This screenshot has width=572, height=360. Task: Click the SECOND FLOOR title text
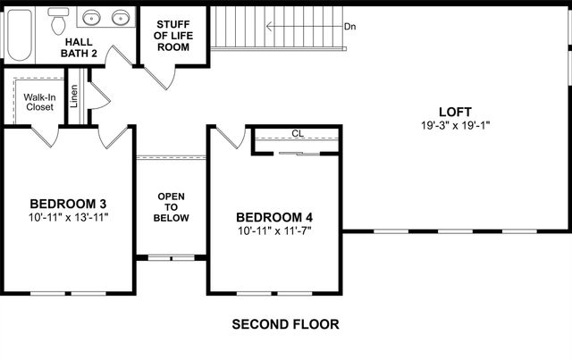[285, 324]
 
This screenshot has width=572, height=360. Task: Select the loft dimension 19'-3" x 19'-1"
[456, 126]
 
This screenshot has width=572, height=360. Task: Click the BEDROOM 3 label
[68, 202]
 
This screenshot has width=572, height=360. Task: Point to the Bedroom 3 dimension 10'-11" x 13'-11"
[68, 216]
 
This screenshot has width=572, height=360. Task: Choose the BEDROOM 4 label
[274, 217]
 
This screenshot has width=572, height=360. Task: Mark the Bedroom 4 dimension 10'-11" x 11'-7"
[274, 230]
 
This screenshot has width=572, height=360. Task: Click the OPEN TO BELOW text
[171, 206]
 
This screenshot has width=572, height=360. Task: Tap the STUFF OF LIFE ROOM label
[173, 35]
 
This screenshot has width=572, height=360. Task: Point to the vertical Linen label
[74, 96]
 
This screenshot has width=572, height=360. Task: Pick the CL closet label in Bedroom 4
[297, 134]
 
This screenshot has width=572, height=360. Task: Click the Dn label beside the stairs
[351, 27]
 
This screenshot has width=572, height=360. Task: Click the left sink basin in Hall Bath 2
[91, 17]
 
